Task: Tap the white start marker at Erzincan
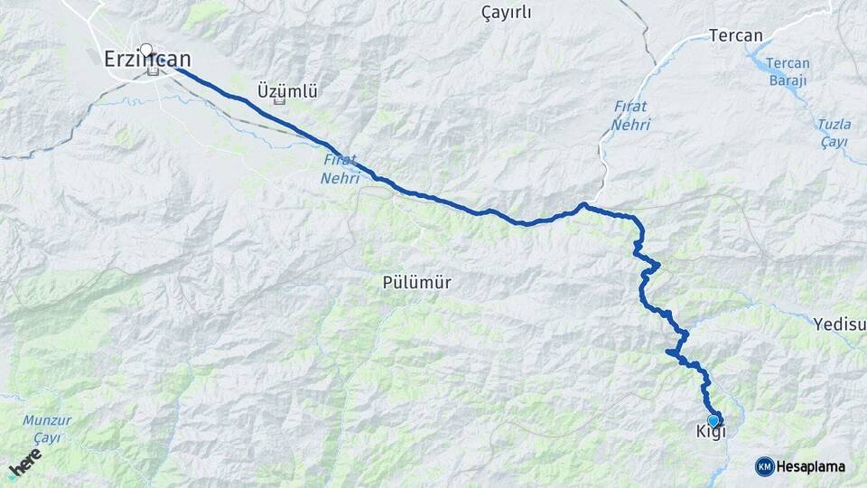click(146, 49)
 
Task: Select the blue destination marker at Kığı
click(713, 420)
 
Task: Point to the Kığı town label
click(711, 432)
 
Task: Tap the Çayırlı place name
click(508, 13)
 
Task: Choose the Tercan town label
click(736, 36)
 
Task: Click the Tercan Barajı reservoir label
click(788, 71)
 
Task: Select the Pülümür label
click(417, 283)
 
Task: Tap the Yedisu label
click(839, 324)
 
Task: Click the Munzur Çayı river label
click(46, 428)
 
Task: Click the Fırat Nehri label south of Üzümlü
click(340, 169)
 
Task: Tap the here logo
click(26, 466)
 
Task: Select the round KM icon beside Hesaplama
click(764, 466)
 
